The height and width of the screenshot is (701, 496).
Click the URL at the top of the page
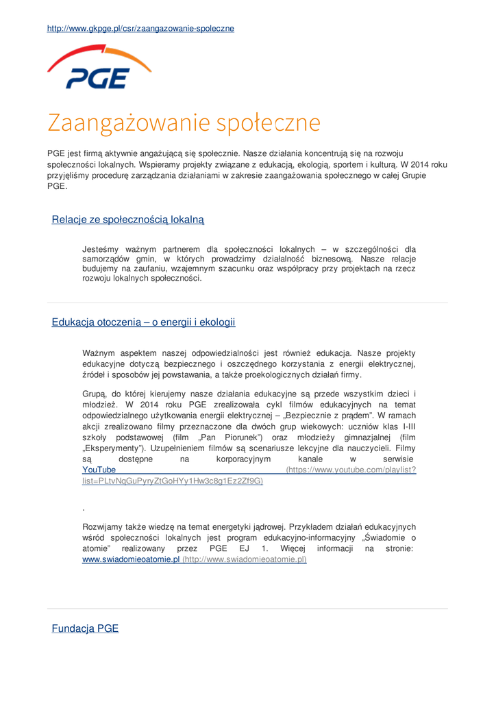140,28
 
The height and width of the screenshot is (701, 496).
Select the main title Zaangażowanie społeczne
184,123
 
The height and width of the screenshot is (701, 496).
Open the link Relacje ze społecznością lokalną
128,219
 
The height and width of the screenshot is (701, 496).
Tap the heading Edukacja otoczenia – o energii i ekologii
143,322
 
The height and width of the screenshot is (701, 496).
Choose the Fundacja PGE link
85,628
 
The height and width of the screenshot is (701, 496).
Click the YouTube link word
99,470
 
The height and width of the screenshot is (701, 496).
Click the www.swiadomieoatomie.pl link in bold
131,559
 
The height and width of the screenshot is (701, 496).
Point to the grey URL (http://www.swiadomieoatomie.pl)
245,559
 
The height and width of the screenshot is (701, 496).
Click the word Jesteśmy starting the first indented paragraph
102,249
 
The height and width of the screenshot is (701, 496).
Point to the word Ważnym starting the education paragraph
100,353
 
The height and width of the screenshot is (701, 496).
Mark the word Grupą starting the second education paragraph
95,394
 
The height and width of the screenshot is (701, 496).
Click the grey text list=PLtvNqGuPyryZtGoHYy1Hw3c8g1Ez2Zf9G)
172,481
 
